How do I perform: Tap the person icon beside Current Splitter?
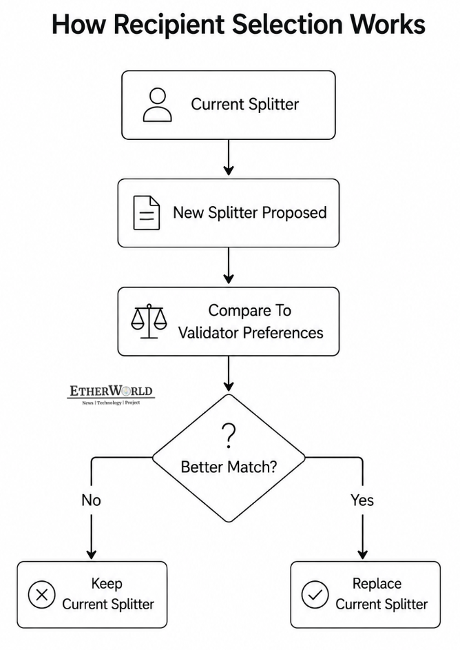(x=157, y=105)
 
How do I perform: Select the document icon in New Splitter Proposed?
(x=147, y=213)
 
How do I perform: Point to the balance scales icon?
(x=149, y=321)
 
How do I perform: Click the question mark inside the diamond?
(x=229, y=436)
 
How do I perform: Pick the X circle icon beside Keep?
(x=41, y=595)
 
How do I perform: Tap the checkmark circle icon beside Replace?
(x=315, y=595)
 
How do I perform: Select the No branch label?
(x=91, y=500)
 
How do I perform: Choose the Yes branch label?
(x=362, y=500)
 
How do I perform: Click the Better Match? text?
(x=229, y=467)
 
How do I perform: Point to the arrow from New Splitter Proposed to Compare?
(x=229, y=265)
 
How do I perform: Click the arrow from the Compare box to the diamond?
(x=229, y=374)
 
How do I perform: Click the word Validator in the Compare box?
(x=208, y=332)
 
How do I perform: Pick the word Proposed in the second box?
(x=294, y=213)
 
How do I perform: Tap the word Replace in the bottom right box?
(x=377, y=584)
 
